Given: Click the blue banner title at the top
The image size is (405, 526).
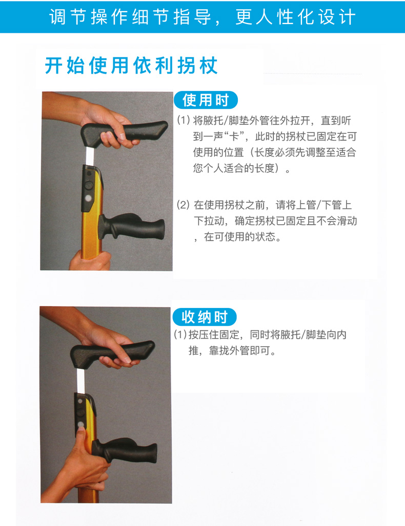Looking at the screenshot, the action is coord(202,17).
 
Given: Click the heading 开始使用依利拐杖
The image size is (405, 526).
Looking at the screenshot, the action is coord(131,65).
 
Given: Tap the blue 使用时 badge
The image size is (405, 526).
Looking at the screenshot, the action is coord(206,100).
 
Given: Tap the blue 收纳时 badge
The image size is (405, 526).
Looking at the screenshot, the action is coord(205,317).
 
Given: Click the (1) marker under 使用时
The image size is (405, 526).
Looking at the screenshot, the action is coord(184,120).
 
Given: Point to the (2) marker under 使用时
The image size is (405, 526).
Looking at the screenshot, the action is coord(184,205).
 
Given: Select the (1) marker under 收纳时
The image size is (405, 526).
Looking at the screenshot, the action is coord(180,335).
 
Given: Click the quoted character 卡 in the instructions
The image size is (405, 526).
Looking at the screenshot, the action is coord(234,137).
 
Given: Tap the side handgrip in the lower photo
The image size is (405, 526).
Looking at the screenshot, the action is coord(125,450).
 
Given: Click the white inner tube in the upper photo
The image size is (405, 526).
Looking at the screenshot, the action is coord(91,156).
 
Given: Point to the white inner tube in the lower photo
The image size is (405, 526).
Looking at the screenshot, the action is coord(82,381).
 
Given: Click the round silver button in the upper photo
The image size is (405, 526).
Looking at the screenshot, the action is coord(89,199).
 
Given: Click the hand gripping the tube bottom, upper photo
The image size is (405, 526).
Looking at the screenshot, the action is coord(90,260).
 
